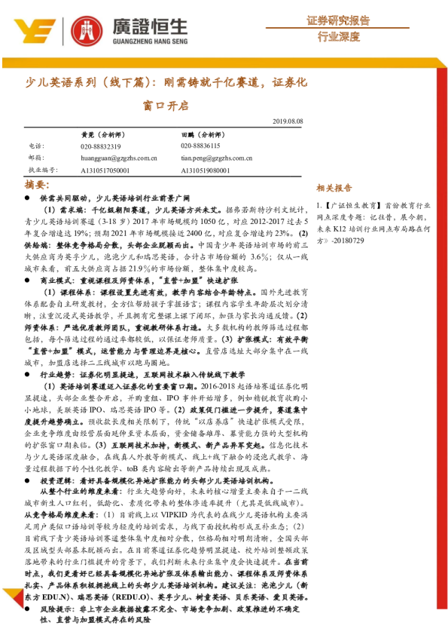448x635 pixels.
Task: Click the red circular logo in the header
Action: tap(86, 30)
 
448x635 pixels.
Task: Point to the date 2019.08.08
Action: tap(286, 121)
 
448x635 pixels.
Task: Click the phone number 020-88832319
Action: tap(100, 146)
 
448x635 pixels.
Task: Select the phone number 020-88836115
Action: tap(200, 146)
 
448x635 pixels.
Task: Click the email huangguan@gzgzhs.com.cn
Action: tap(118, 158)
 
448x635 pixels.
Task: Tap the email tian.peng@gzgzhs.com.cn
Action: tap(216, 158)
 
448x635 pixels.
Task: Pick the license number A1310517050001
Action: tap(105, 170)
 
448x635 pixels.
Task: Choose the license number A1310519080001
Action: tap(206, 170)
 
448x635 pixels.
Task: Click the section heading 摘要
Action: tap(36, 184)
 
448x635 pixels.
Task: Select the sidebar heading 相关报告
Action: tap(334, 188)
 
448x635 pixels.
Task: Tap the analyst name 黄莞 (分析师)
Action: tap(98, 133)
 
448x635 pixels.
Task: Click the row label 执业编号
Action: tap(43, 170)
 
